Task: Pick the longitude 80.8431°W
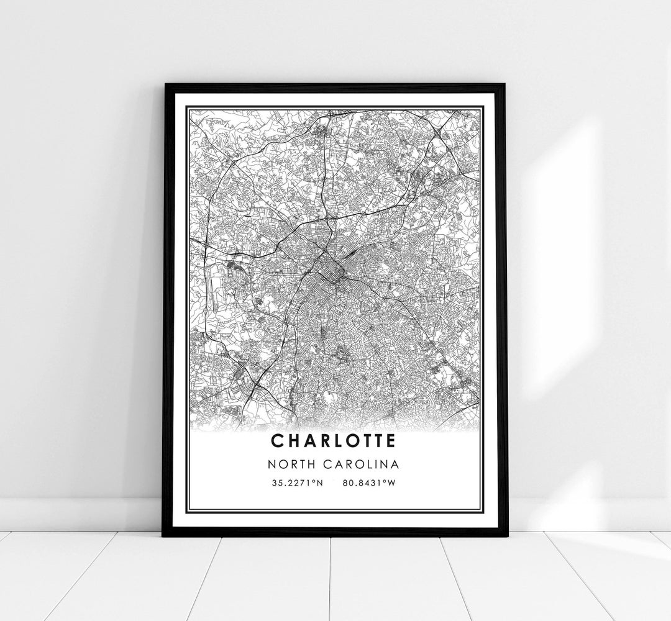point(368,482)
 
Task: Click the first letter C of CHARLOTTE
point(276,441)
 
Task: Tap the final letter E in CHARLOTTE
point(390,441)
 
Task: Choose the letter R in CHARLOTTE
point(320,441)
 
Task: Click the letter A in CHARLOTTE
point(305,441)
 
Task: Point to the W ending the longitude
point(391,482)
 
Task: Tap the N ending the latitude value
point(320,482)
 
